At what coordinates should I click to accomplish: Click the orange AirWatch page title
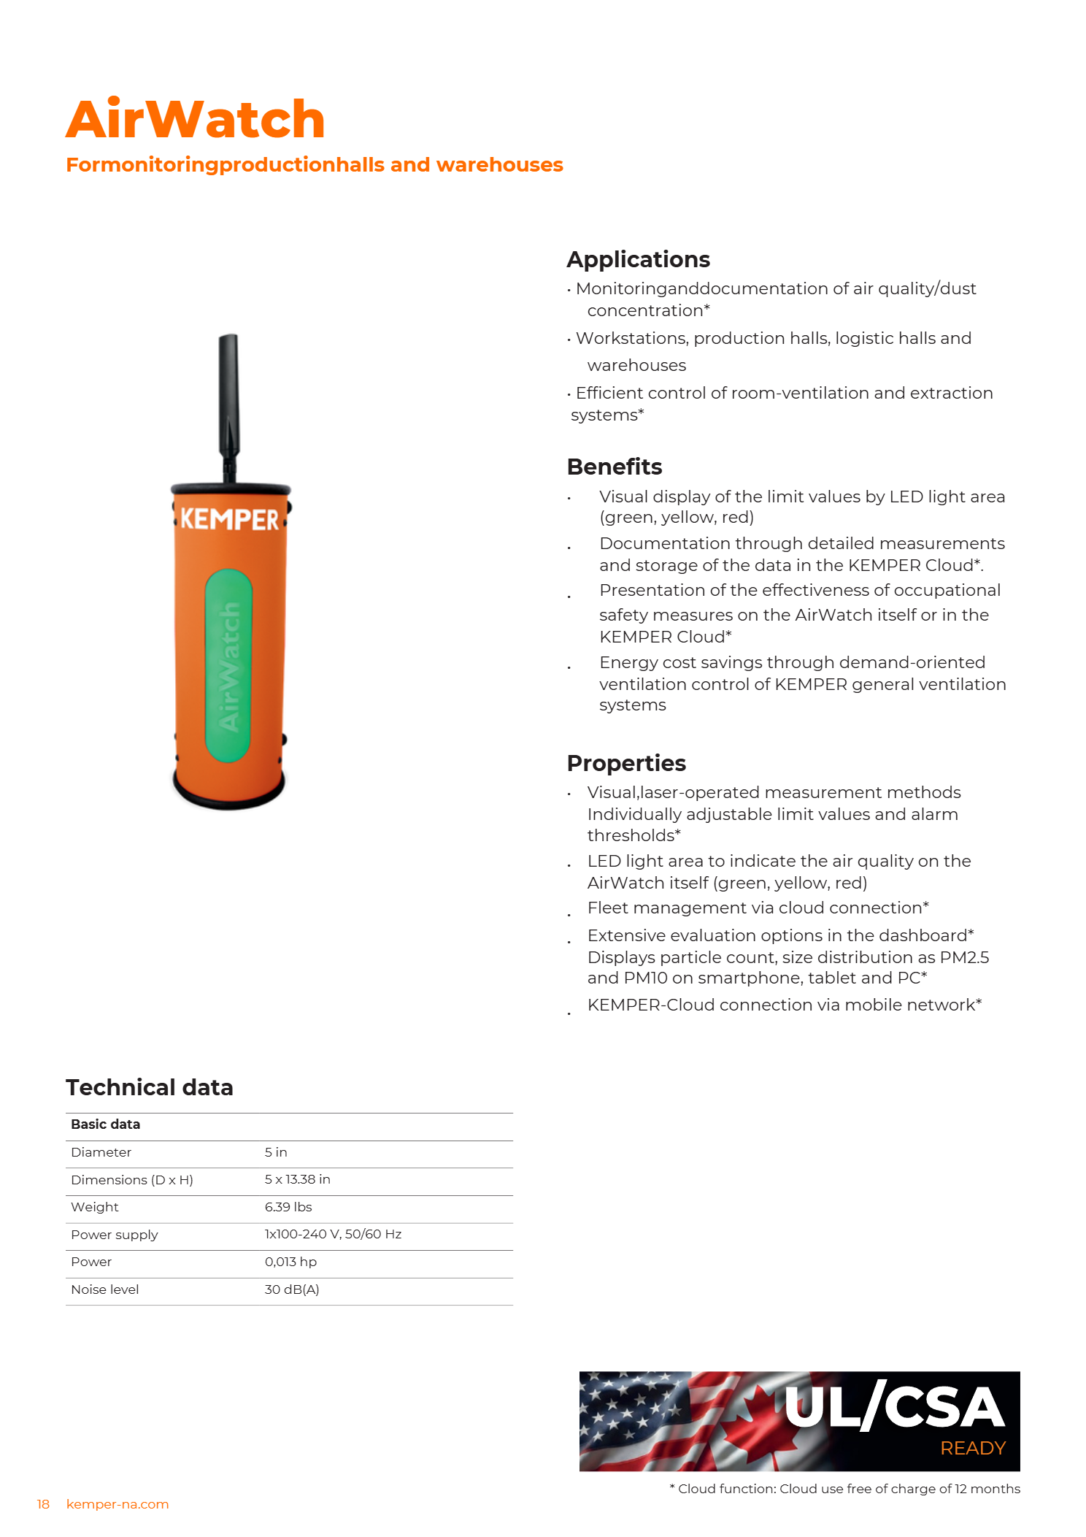click(x=195, y=119)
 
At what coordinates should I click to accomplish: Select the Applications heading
click(x=638, y=259)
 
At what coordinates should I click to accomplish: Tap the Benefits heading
click(x=614, y=467)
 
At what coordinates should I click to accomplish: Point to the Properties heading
click(x=625, y=763)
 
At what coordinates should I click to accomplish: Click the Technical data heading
click(x=149, y=1087)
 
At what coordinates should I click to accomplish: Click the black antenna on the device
click(x=229, y=402)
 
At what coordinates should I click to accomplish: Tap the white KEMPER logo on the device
click(x=229, y=519)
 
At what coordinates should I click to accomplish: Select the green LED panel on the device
click(x=228, y=664)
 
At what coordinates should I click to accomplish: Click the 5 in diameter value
click(x=276, y=1152)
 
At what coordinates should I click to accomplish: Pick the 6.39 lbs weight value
click(x=288, y=1207)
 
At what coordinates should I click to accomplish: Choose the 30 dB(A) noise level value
click(x=292, y=1289)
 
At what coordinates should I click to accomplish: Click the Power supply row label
click(x=114, y=1235)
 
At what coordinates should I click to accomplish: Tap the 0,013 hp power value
click(x=290, y=1262)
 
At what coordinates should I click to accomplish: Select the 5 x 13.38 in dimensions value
click(x=297, y=1179)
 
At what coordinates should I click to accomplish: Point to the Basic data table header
click(x=105, y=1124)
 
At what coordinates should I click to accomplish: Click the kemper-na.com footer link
click(x=118, y=1504)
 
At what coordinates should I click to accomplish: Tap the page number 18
click(x=43, y=1504)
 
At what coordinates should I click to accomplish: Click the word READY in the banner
click(x=972, y=1448)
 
